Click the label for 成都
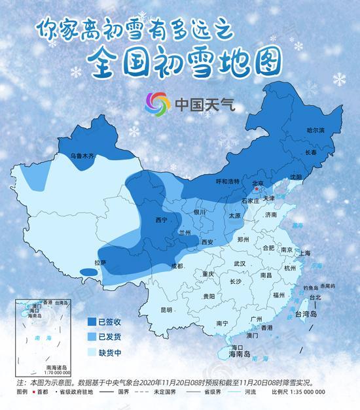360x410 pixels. coord(177,265)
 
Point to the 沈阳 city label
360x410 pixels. coord(297,177)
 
